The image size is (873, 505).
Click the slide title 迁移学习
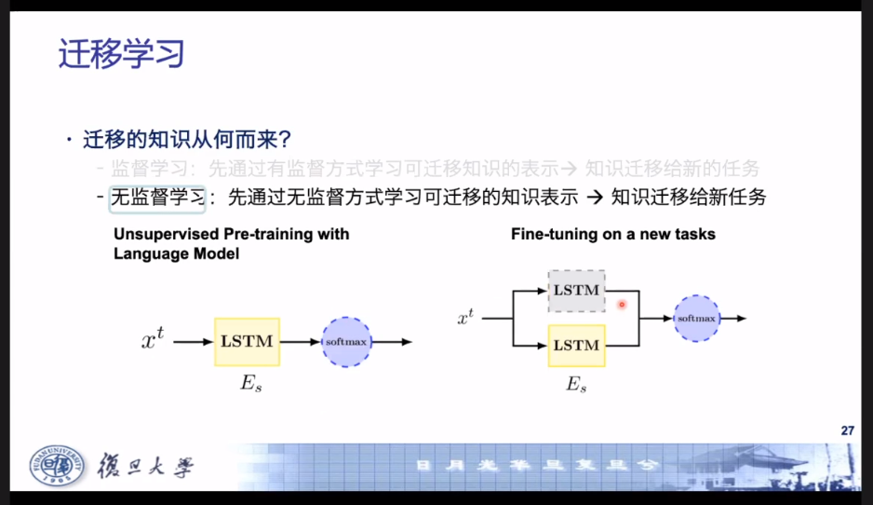(121, 54)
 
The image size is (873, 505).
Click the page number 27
(846, 430)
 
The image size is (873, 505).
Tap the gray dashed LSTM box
(576, 291)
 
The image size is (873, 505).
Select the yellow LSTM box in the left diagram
(247, 341)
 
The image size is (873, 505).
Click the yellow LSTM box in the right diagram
(576, 345)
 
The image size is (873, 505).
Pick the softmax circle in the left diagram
(346, 342)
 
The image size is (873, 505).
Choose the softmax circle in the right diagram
(696, 319)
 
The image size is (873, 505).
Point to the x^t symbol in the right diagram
(465, 319)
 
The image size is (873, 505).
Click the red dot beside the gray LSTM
(622, 304)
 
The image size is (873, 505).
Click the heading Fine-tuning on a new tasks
(613, 234)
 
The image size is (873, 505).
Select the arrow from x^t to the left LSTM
(193, 342)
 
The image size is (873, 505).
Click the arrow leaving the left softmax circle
(392, 342)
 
